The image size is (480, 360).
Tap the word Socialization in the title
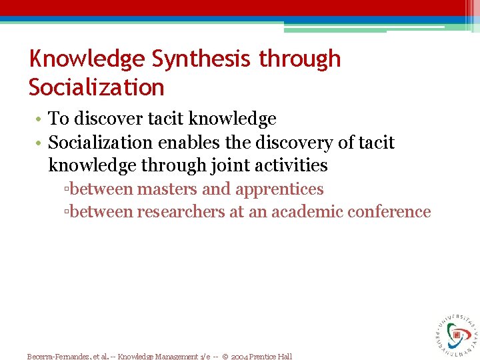96,87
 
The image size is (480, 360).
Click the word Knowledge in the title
87,59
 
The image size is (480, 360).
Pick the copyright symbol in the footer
226,356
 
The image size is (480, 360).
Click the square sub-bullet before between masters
67,190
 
